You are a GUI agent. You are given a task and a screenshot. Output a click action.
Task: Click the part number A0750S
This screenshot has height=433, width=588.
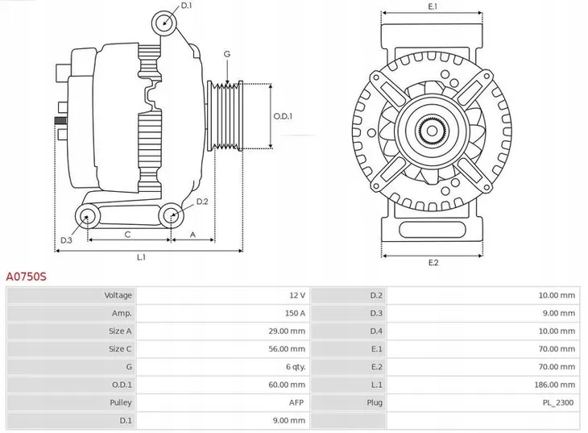pyautogui.click(x=27, y=277)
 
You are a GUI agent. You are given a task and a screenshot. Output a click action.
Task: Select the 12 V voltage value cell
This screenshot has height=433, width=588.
pyautogui.click(x=296, y=296)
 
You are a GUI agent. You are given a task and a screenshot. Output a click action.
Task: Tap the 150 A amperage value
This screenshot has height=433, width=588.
pyautogui.click(x=294, y=314)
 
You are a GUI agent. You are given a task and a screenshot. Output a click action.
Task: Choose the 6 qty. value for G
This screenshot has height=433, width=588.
pyautogui.click(x=292, y=367)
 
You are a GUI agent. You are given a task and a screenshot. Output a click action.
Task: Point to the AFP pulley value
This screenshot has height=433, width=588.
pyautogui.click(x=296, y=402)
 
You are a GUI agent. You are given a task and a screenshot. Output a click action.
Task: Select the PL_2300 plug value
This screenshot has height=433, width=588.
pyautogui.click(x=559, y=402)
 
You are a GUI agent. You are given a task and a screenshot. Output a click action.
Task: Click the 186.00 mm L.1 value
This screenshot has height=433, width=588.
pyautogui.click(x=555, y=385)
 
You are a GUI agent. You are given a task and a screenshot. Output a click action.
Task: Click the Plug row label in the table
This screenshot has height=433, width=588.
pyautogui.click(x=375, y=402)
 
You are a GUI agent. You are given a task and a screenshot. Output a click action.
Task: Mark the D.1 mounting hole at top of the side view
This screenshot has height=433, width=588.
pyautogui.click(x=165, y=22)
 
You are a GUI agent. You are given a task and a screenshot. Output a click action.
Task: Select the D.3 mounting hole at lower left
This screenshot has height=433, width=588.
pyautogui.click(x=86, y=215)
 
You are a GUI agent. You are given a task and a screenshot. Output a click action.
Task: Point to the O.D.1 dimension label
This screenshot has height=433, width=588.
pyautogui.click(x=283, y=116)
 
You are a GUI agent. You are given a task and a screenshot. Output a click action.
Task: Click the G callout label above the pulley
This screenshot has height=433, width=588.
pyautogui.click(x=227, y=54)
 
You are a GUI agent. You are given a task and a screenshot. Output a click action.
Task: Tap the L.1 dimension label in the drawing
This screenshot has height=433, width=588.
pyautogui.click(x=142, y=257)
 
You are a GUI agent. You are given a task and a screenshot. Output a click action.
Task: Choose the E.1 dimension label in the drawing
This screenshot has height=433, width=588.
pyautogui.click(x=433, y=6)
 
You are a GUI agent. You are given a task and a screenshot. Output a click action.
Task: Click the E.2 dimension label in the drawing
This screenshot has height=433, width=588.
pyautogui.click(x=433, y=263)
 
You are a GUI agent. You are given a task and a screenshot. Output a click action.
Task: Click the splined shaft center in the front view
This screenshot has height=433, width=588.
pyautogui.click(x=433, y=131)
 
